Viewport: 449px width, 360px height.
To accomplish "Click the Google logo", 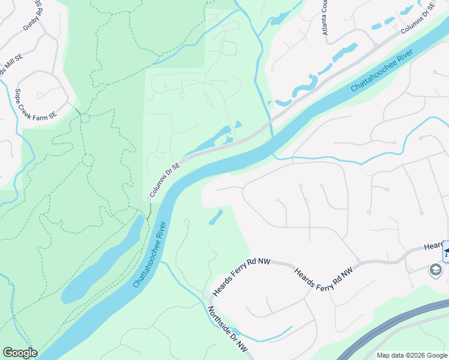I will click(x=20, y=353).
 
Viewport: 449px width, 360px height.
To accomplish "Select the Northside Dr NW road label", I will click(x=228, y=331).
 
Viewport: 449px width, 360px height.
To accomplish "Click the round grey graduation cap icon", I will click(x=435, y=271).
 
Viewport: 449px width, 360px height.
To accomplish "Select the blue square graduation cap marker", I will click(x=445, y=251).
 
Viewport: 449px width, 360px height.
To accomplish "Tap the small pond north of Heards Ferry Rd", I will click(x=216, y=217).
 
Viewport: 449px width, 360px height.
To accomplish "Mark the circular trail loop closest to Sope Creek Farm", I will click(x=84, y=118).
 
